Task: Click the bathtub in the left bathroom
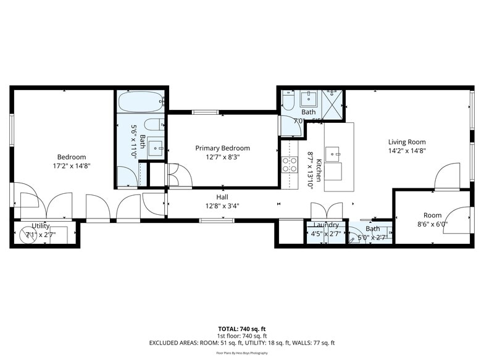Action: click(140, 101)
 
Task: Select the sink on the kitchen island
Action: click(333, 154)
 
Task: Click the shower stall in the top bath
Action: click(333, 104)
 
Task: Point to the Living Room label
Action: click(407, 142)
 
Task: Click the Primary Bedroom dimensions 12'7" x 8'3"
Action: click(222, 157)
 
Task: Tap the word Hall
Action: click(222, 197)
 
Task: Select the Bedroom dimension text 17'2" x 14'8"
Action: click(72, 165)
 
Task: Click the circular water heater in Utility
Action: click(29, 235)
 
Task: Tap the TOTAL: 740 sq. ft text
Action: click(241, 328)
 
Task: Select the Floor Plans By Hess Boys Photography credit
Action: click(241, 353)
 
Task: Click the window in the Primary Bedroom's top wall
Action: click(204, 112)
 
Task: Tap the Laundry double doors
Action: click(326, 211)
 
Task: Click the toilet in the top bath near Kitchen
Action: click(288, 102)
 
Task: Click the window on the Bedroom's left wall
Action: click(12, 130)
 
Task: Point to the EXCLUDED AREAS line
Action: click(241, 343)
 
